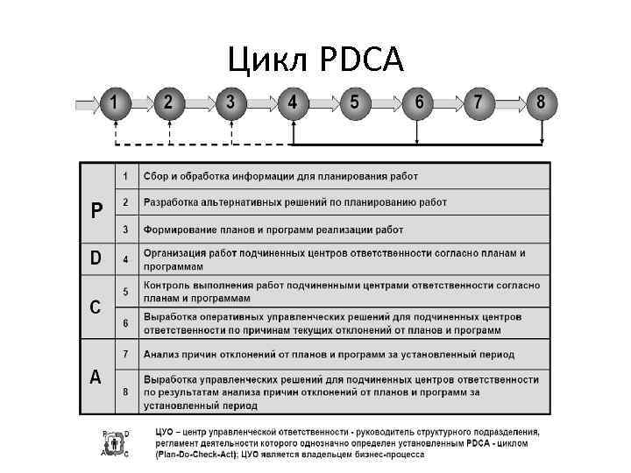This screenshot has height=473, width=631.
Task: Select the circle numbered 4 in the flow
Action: click(x=293, y=102)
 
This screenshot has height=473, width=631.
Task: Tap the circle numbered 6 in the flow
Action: click(x=419, y=102)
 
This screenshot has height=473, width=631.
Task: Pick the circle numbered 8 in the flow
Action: click(x=541, y=102)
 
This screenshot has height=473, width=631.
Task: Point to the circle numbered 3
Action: click(x=230, y=102)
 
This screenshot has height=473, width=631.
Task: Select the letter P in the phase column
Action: click(x=97, y=211)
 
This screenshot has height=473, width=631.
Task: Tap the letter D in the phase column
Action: click(x=97, y=258)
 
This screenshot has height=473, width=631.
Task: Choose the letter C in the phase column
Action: click(x=97, y=307)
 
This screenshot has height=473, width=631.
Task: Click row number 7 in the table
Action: click(x=126, y=354)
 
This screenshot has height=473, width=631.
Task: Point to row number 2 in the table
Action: click(x=126, y=202)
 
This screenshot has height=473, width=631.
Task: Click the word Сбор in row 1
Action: click(x=158, y=176)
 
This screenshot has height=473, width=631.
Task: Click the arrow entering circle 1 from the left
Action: click(x=88, y=102)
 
